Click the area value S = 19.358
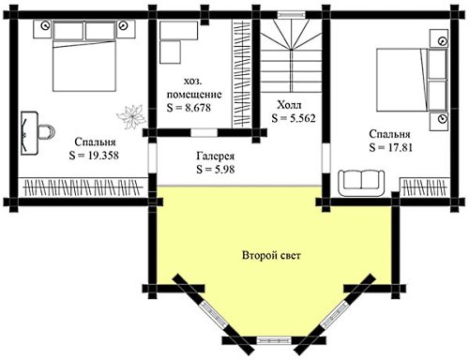94,156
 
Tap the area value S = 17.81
391,147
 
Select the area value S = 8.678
189,108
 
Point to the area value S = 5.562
294,118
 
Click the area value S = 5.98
216,169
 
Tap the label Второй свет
271,256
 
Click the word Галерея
216,156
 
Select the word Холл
289,105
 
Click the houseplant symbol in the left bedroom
132,117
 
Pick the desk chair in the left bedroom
47,131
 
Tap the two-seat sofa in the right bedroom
361,183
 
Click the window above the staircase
292,14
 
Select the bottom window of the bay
274,339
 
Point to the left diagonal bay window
215,315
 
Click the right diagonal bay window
333,315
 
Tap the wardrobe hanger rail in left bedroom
83,187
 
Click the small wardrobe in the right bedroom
425,187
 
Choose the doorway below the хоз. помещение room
204,132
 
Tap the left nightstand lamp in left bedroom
46,25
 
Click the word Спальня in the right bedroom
389,134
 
